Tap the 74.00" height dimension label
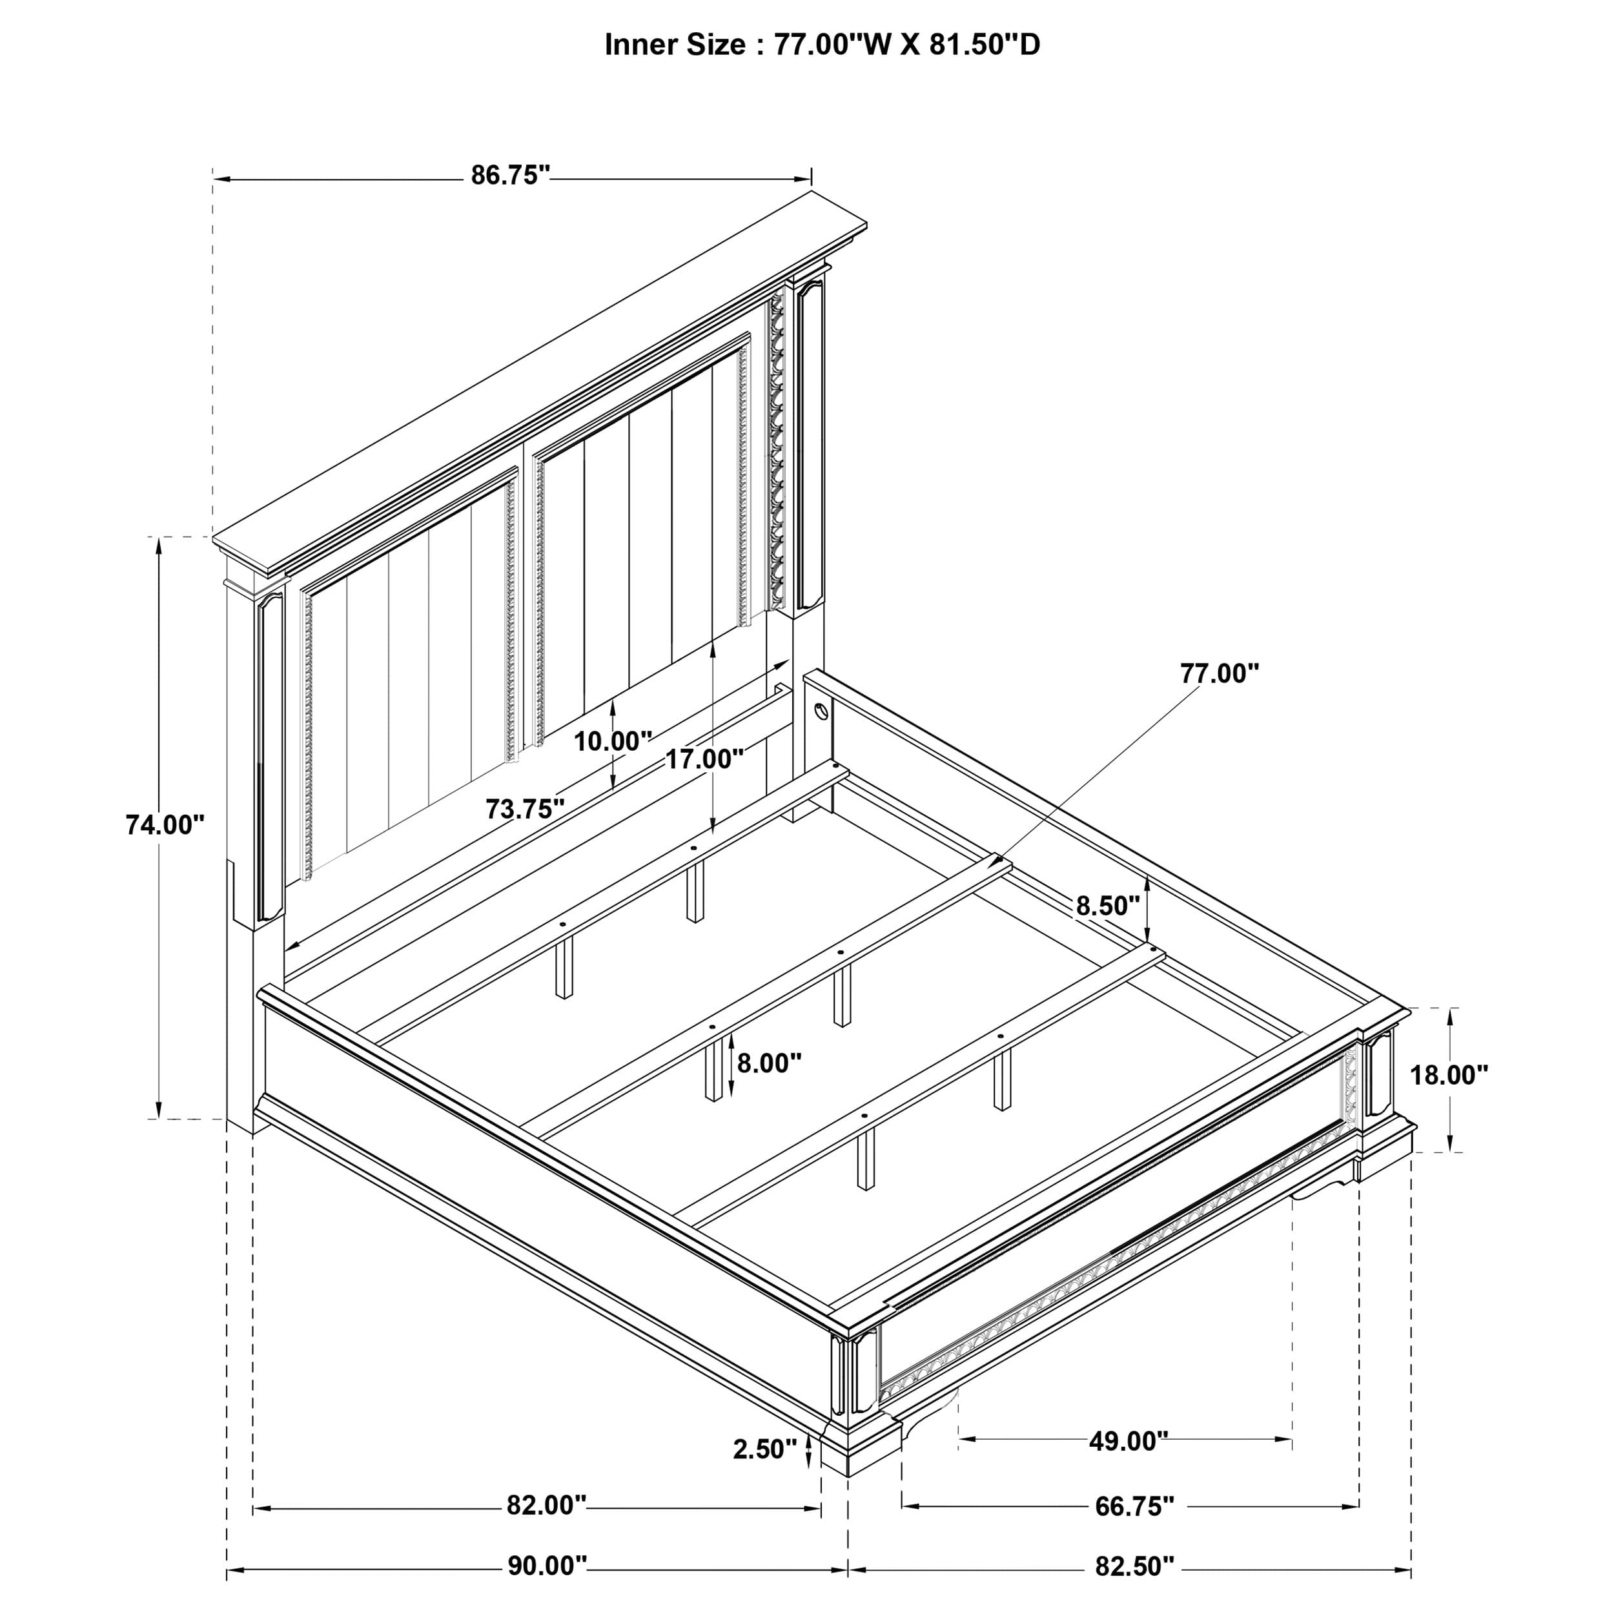[x=165, y=824]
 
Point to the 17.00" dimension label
[x=704, y=759]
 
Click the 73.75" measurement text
[x=525, y=809]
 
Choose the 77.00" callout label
[x=1219, y=673]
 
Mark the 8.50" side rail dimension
[x=1107, y=906]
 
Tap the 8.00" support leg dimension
[x=768, y=1063]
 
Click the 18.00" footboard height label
[x=1449, y=1075]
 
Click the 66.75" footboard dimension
[x=1134, y=1507]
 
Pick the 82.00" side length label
[x=546, y=1506]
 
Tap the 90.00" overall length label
[x=547, y=1566]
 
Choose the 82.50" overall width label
[x=1134, y=1566]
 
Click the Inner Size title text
[x=822, y=45]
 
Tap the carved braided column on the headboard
[x=777, y=451]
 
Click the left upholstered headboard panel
[x=409, y=677]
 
